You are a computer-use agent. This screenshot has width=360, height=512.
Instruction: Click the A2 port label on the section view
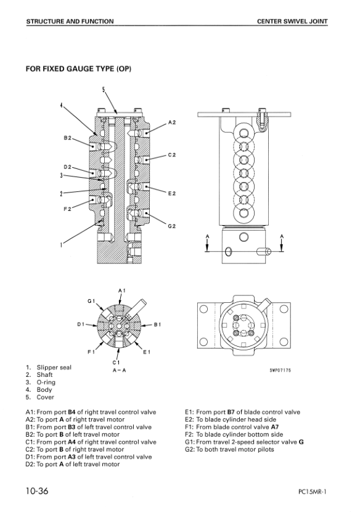(172, 123)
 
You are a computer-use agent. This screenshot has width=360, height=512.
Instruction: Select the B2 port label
(67, 138)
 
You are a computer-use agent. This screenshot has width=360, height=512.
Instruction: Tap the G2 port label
(172, 226)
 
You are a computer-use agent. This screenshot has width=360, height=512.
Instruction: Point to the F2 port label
(67, 209)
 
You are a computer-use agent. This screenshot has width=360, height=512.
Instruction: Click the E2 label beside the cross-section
(172, 194)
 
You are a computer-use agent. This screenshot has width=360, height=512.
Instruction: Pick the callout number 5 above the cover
(104, 89)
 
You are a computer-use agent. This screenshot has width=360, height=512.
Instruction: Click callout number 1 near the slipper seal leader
(61, 245)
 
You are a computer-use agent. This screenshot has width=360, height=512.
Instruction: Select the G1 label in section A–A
(91, 301)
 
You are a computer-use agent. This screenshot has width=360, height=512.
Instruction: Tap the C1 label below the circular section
(116, 363)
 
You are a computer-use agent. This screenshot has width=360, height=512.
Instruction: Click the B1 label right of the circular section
(158, 324)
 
